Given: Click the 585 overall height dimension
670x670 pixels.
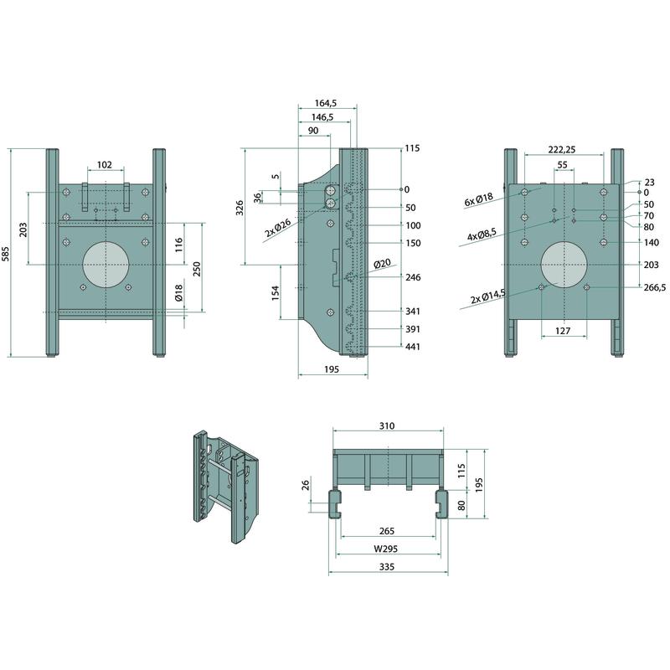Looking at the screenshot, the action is [5, 253].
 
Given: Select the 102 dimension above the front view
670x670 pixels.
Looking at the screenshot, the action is [105, 164].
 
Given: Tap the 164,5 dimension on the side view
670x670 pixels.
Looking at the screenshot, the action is [326, 103].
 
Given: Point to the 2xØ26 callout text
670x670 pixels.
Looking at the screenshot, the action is [278, 228].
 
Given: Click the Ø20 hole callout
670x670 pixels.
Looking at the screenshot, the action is [382, 264].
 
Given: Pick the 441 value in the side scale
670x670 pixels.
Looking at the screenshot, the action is [413, 347].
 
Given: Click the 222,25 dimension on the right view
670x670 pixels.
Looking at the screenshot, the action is [562, 149].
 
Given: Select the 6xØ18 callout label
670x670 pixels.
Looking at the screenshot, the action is [478, 199].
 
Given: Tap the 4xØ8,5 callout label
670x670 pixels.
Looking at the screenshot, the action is [482, 234].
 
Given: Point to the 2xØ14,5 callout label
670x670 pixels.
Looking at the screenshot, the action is [488, 296].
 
